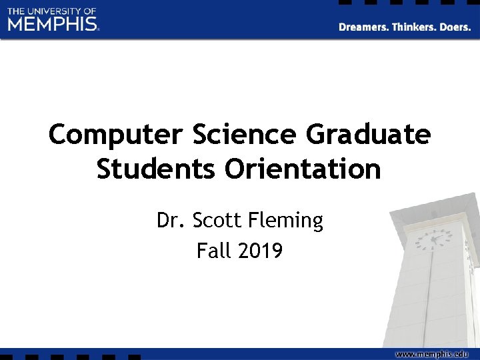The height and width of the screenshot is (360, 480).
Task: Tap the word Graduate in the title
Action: click(x=368, y=135)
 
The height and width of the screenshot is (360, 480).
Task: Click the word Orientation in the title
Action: click(x=303, y=169)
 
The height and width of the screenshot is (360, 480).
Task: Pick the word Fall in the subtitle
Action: click(x=212, y=251)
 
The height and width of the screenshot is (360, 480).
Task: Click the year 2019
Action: click(x=259, y=251)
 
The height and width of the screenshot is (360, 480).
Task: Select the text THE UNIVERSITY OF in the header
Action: click(x=52, y=11)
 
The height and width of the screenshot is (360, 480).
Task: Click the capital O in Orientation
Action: click(x=235, y=169)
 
